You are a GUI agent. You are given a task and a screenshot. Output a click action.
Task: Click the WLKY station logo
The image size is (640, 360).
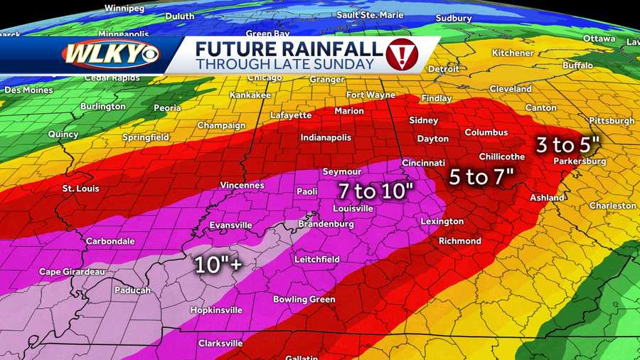click(x=110, y=55)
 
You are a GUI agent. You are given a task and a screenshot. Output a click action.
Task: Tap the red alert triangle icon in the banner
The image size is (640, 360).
click(x=402, y=54)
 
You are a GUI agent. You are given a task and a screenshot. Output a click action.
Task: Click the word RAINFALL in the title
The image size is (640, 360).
click(x=326, y=48)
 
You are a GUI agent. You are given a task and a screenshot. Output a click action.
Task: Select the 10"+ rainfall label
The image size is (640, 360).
click(x=219, y=265)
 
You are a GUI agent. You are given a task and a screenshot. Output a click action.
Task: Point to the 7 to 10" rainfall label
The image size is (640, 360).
click(x=375, y=190)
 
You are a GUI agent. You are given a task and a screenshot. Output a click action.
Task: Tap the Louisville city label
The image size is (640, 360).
click(x=353, y=208)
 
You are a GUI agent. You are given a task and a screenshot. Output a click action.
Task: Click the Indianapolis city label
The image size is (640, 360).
click(x=326, y=137)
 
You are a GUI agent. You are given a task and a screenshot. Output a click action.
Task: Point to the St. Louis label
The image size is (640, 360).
click(x=81, y=189)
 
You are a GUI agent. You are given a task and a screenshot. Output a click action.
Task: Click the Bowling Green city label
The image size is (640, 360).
click(x=304, y=300)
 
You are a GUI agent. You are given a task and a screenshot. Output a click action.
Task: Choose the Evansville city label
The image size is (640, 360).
click(x=230, y=226)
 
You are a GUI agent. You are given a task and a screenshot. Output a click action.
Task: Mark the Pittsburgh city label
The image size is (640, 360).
click(x=612, y=121)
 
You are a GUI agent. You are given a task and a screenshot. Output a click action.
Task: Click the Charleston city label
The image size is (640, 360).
click(x=613, y=206)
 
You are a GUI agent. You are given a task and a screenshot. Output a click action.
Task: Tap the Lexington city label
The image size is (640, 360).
click(x=442, y=221)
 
